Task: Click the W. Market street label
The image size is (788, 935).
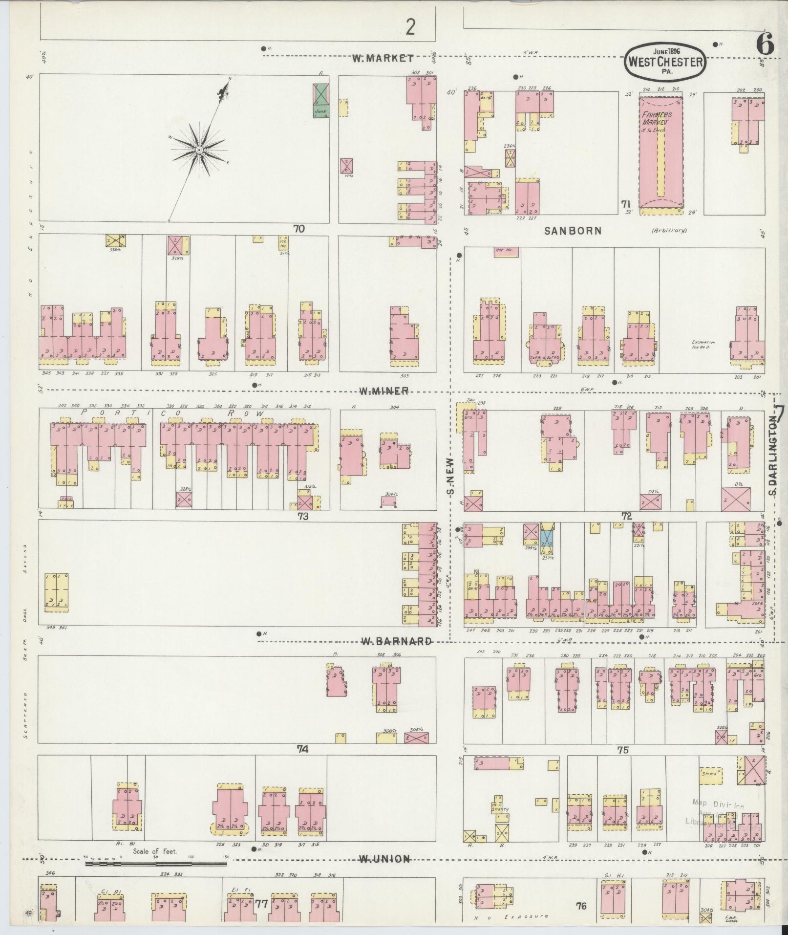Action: [x=383, y=59]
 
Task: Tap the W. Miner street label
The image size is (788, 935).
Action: [x=383, y=391]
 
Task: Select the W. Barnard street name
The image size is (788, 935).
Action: [x=396, y=641]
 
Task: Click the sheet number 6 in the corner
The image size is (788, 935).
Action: [x=765, y=45]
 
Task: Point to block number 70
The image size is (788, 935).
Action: [x=299, y=228]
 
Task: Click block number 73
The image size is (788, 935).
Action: [x=303, y=515]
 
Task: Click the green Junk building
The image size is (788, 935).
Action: [x=321, y=100]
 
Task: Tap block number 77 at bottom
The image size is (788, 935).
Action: [x=262, y=904]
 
